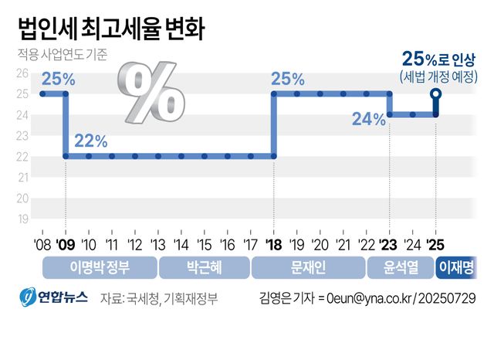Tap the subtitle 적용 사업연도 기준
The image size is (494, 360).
tap(63, 56)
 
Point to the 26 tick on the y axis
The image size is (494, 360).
tap(23, 73)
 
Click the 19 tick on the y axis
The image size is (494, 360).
tap(23, 219)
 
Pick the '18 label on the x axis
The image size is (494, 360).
tap(273, 244)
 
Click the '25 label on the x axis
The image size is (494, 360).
tap(436, 244)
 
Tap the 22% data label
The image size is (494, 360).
tap(90, 141)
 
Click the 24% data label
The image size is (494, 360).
tap(368, 120)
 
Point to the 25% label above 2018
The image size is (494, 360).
tap(287, 79)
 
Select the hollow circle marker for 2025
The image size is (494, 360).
tap(436, 94)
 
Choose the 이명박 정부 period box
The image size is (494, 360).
tap(99, 267)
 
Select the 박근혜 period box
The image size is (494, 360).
tap(204, 267)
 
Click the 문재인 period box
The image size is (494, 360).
tap(308, 267)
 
